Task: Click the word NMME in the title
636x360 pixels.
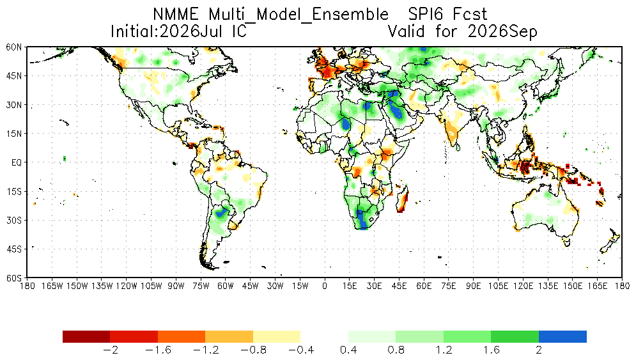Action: click(x=176, y=15)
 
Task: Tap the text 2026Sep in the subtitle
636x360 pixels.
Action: click(x=502, y=31)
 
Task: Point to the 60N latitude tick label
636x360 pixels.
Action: click(x=13, y=47)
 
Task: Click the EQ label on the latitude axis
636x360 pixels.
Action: click(x=16, y=162)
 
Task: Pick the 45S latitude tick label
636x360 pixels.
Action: click(x=14, y=249)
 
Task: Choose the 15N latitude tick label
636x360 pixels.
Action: click(x=13, y=134)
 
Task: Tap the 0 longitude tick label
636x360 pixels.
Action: click(x=325, y=286)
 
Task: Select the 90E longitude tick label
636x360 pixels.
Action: click(x=474, y=286)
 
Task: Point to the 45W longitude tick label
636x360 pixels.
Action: click(x=251, y=286)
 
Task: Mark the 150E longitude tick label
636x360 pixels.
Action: click(x=572, y=286)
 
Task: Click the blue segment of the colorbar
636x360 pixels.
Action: click(x=562, y=336)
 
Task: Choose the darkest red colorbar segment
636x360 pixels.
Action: click(x=86, y=336)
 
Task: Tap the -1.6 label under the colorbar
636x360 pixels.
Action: click(x=158, y=350)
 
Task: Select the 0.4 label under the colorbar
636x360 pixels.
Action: click(x=348, y=350)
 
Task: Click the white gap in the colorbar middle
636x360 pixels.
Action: click(x=324, y=336)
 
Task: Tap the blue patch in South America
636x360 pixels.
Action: click(x=221, y=212)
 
